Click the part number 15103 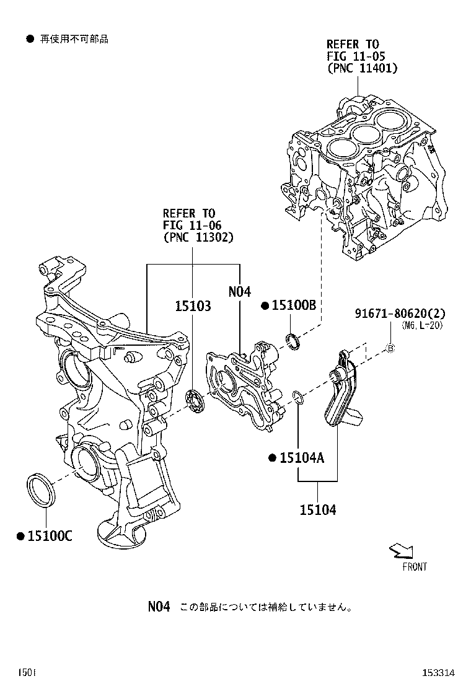click(x=193, y=306)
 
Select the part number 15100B click(x=294, y=305)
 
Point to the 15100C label click(x=49, y=535)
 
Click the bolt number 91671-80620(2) click(x=400, y=314)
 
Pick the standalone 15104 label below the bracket click(x=318, y=510)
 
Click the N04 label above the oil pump click(x=239, y=291)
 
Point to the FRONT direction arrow click(x=401, y=551)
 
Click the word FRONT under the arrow click(x=414, y=566)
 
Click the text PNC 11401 click(x=362, y=68)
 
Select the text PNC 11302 click(x=199, y=236)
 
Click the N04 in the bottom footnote click(x=159, y=607)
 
